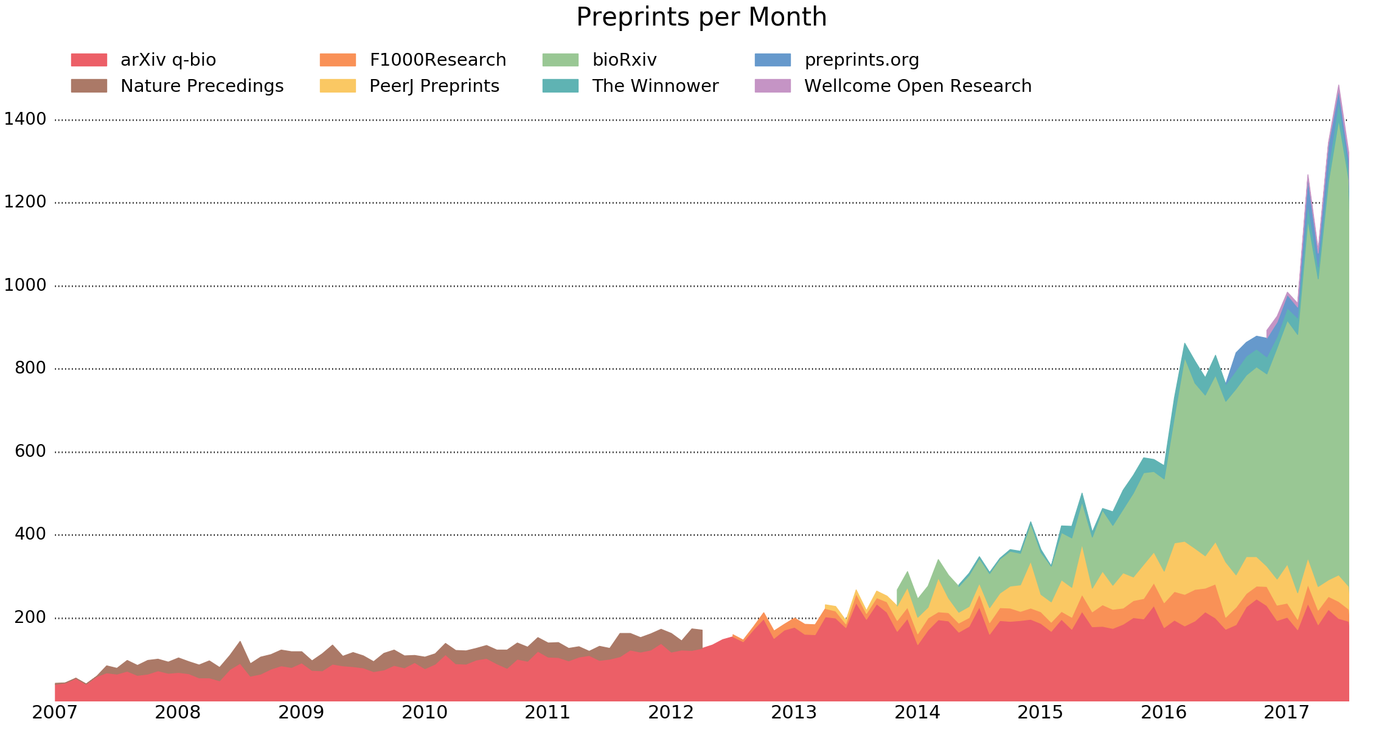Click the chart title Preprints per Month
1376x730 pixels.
pyautogui.click(x=701, y=18)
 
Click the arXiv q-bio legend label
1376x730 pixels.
pyautogui.click(x=168, y=60)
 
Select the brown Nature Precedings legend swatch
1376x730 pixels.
pyautogui.click(x=89, y=86)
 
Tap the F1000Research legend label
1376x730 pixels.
pyautogui.click(x=437, y=60)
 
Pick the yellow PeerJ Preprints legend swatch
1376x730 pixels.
pyautogui.click(x=338, y=86)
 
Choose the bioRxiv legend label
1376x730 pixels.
pyautogui.click(x=624, y=60)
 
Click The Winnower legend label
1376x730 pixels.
pyautogui.click(x=655, y=86)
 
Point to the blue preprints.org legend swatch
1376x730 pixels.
pyautogui.click(x=773, y=60)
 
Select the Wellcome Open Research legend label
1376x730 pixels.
pyautogui.click(x=917, y=86)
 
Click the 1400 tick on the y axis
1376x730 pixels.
pyautogui.click(x=26, y=119)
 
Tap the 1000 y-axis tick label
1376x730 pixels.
pyautogui.click(x=26, y=285)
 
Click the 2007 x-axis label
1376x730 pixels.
pyautogui.click(x=55, y=712)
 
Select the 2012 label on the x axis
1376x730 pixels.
pyautogui.click(x=671, y=712)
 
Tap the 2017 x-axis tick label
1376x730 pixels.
pyautogui.click(x=1287, y=712)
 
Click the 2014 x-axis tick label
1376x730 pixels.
pyautogui.click(x=917, y=712)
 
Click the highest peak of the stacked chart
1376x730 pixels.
pyautogui.click(x=1338, y=86)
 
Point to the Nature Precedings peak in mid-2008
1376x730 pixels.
pyautogui.click(x=240, y=642)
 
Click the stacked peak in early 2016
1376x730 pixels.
pyautogui.click(x=1184, y=344)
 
